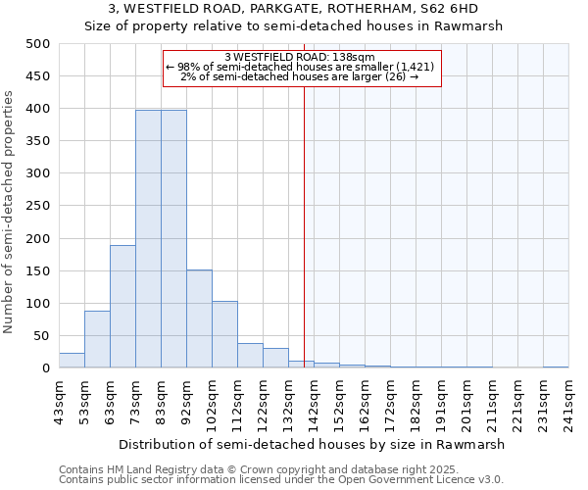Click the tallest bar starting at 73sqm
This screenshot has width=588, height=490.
click(x=148, y=239)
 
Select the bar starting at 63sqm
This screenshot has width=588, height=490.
click(x=122, y=307)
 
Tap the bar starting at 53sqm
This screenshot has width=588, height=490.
click(x=97, y=339)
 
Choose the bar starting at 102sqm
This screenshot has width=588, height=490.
click(x=224, y=334)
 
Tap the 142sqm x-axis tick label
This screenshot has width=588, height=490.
click(x=314, y=402)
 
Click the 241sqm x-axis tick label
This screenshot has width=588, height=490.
click(x=568, y=402)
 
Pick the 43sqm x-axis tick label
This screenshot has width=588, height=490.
click(x=59, y=402)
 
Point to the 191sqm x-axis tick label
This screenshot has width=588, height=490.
click(x=441, y=402)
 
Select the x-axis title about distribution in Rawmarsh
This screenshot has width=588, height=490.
click(x=314, y=444)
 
